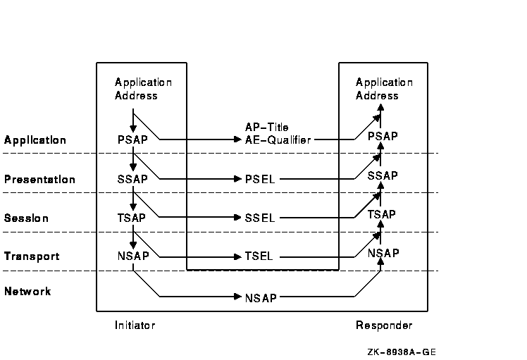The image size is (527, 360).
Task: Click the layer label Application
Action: (35, 140)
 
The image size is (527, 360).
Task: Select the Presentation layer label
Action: (39, 180)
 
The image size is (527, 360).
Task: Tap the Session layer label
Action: (27, 218)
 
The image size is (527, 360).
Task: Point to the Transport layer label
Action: (32, 257)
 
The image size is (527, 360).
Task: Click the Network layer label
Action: (27, 292)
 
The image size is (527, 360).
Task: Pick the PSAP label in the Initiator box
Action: (132, 139)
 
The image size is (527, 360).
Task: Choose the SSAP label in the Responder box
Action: (383, 175)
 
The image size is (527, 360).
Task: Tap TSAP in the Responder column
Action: (382, 214)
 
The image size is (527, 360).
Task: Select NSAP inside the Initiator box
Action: (132, 256)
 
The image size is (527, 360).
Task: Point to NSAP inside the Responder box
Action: (383, 253)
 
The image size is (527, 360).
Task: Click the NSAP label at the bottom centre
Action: (260, 298)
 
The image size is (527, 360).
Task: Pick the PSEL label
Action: (260, 180)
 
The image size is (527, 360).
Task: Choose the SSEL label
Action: (260, 218)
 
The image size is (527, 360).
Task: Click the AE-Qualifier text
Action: (278, 140)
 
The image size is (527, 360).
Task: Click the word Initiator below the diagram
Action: (135, 325)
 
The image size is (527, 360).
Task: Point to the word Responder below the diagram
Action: (384, 325)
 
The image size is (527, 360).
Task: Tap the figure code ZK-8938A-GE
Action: (407, 352)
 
